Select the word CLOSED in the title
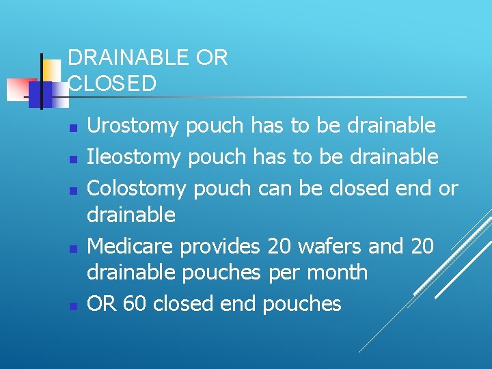(112, 83)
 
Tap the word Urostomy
(133, 126)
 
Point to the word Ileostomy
(134, 157)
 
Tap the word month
(337, 273)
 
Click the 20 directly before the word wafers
(279, 246)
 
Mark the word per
(284, 273)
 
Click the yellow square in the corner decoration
(52, 69)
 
